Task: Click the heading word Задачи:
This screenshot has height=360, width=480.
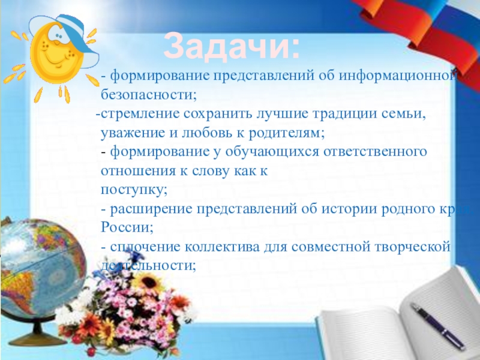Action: pos(233,46)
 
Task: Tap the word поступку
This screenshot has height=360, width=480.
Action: pos(134,190)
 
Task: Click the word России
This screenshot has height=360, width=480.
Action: pos(127,228)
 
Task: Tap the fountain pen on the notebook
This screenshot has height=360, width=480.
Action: pos(437,326)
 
